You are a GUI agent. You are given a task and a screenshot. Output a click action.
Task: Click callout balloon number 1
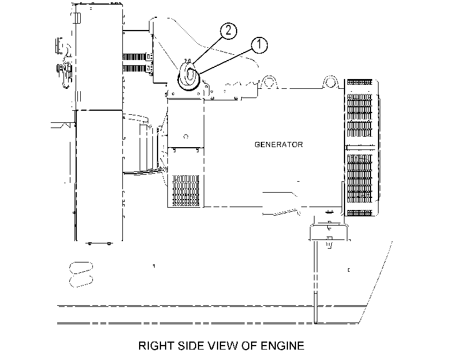pyautogui.click(x=259, y=45)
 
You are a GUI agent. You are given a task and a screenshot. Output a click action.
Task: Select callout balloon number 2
pyautogui.click(x=229, y=31)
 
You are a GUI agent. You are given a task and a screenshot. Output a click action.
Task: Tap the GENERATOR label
pyautogui.click(x=279, y=145)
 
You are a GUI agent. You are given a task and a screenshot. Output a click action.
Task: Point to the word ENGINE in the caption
pyautogui.click(x=282, y=346)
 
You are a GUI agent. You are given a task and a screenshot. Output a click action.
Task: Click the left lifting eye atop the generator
pyautogui.click(x=268, y=82)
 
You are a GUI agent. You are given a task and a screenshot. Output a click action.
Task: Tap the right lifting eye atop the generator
pyautogui.click(x=330, y=82)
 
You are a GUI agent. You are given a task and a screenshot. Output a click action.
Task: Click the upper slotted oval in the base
pyautogui.click(x=81, y=268)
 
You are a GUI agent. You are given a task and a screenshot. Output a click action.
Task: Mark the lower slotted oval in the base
pyautogui.click(x=81, y=281)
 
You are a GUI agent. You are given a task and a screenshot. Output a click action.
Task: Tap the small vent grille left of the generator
pyautogui.click(x=186, y=191)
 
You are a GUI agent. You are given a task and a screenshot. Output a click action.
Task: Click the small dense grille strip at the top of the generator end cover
pyautogui.click(x=360, y=82)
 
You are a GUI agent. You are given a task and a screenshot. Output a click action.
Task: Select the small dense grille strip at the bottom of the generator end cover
pyautogui.click(x=360, y=213)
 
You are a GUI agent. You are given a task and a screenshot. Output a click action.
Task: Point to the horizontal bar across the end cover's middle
pyautogui.click(x=360, y=148)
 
